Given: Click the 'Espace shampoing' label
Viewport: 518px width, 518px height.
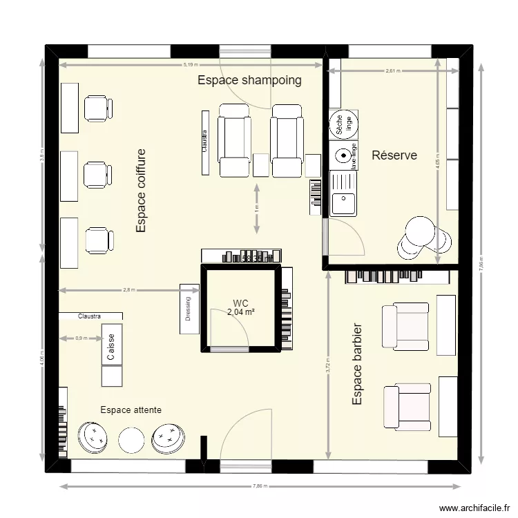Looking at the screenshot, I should point(249,80).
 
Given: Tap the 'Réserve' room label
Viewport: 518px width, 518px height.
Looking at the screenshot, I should point(394,155).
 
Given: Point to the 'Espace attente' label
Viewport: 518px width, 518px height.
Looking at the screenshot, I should point(131,410).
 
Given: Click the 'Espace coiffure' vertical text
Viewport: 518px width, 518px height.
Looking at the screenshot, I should point(141,191).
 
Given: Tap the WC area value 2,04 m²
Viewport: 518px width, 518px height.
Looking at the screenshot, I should point(240,312).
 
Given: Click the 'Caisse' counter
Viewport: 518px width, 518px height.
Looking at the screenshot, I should point(111,347).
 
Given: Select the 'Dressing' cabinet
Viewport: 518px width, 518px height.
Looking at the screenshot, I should point(189,309).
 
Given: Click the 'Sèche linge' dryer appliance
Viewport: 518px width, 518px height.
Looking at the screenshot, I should point(343,125).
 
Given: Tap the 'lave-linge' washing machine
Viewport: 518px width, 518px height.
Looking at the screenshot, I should point(343,155).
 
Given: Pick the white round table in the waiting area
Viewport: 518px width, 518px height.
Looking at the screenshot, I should point(131,439).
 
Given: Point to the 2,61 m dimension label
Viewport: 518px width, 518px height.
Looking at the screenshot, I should point(392,70).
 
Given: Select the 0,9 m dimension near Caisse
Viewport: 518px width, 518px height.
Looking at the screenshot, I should point(80,338).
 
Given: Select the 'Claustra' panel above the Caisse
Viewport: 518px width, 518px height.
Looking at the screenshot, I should point(90,316).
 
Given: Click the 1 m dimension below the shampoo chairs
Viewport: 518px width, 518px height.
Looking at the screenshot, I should point(257,208).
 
